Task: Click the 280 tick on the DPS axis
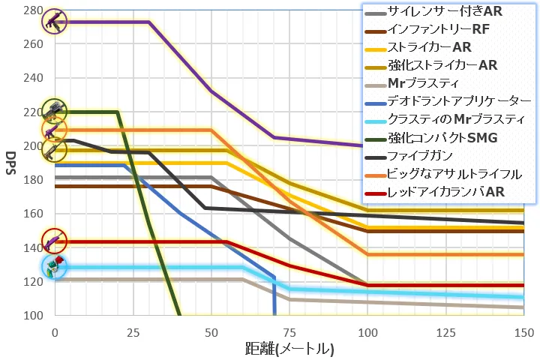pos(33,10)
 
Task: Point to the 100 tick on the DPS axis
pos(33,316)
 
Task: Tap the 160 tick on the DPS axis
pos(33,214)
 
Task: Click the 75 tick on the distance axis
pos(289,331)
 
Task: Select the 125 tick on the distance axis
pos(445,331)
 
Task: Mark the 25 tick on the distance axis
pos(133,331)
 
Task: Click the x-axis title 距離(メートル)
pos(289,349)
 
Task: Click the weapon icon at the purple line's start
pos(54,22)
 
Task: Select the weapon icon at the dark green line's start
pos(54,112)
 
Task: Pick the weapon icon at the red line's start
pos(54,241)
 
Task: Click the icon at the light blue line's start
pos(54,267)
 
